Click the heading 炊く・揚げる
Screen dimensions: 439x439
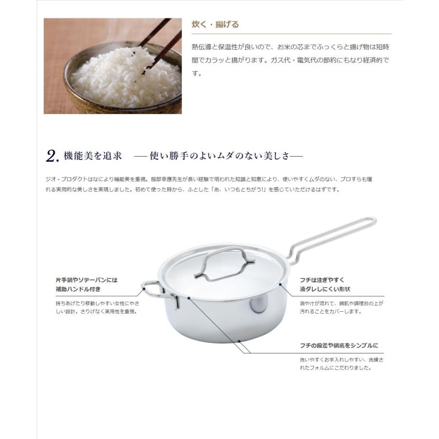tap(216, 24)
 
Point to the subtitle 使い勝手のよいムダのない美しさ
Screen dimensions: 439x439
tap(219, 156)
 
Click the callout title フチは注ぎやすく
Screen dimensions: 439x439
tap(322, 280)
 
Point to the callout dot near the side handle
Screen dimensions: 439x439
tap(144, 290)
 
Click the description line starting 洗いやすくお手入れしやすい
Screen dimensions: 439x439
tap(341, 360)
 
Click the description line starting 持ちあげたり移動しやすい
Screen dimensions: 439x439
tap(96, 303)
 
